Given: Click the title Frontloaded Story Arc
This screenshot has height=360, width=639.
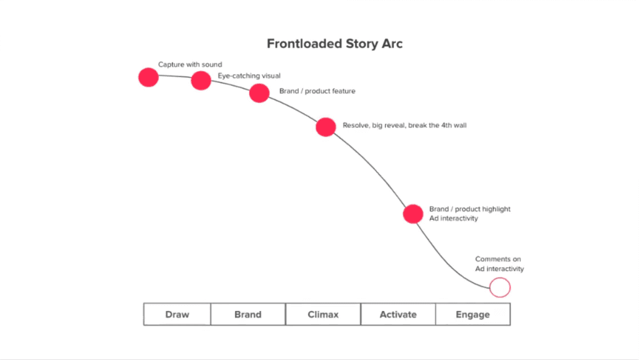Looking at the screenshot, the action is click(x=335, y=44).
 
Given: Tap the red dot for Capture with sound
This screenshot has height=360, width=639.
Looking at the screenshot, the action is click(x=148, y=77).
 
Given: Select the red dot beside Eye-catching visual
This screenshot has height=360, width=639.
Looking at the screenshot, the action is click(x=201, y=80).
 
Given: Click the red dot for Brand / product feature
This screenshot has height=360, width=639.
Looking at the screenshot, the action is click(x=259, y=92).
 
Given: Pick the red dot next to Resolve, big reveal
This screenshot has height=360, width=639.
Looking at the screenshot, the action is click(x=326, y=127).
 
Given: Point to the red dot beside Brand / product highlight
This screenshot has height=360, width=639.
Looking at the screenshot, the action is click(x=413, y=214).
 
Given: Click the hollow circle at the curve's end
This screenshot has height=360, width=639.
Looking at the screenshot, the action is click(x=500, y=287).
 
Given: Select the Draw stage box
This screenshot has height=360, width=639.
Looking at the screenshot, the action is click(x=177, y=314).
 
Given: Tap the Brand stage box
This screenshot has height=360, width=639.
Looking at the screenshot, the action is click(x=248, y=314).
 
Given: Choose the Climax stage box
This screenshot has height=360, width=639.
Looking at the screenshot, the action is click(x=323, y=314).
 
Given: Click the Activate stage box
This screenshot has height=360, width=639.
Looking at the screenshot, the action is click(x=398, y=314).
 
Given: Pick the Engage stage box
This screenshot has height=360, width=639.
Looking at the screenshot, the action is click(x=472, y=314).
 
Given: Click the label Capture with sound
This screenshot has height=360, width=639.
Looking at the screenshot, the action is click(x=190, y=64).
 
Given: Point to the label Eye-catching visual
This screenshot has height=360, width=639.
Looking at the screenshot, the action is click(x=249, y=75).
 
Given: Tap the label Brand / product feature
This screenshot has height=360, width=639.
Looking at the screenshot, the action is click(x=317, y=91).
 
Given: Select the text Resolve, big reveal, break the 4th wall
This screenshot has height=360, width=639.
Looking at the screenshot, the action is click(x=404, y=125).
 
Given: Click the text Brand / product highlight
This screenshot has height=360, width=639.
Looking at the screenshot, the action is click(x=470, y=209).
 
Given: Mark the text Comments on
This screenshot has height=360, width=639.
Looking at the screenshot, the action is click(x=498, y=259).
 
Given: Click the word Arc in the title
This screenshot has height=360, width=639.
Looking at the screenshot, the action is click(x=391, y=44).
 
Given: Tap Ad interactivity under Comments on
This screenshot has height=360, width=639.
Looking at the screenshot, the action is click(x=499, y=269).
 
